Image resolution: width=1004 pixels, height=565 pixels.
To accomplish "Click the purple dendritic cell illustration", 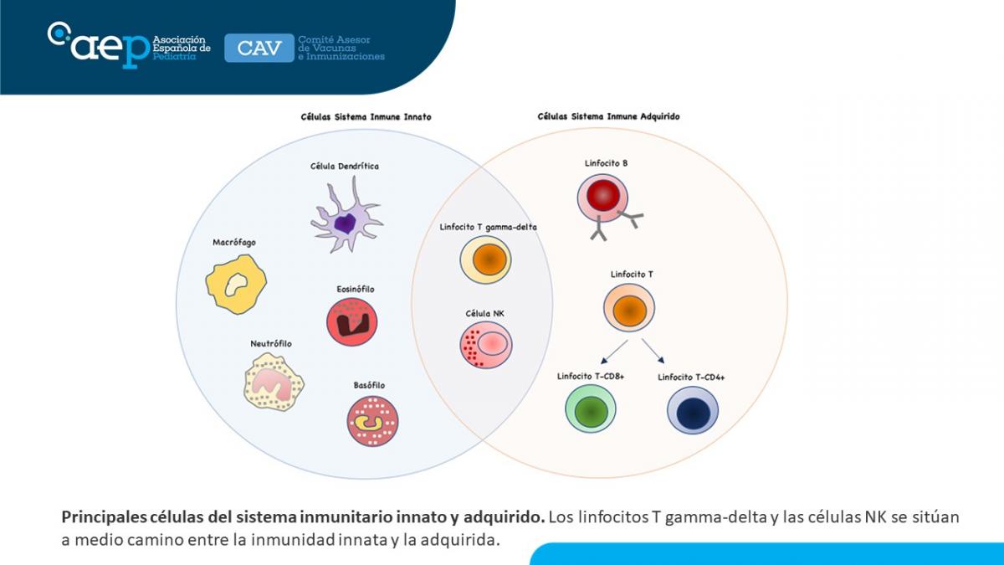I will click(346, 219).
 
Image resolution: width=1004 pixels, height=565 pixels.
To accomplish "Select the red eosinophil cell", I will click(352, 322).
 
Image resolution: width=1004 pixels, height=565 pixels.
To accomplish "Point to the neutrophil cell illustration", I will click(273, 381).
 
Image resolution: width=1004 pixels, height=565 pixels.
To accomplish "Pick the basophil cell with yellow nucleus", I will click(372, 420).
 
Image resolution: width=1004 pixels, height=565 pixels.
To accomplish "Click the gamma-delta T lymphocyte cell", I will click(485, 259).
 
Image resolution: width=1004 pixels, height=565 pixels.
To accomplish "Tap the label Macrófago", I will click(234, 243).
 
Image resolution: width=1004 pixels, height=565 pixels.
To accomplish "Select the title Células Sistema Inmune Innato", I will click(366, 117).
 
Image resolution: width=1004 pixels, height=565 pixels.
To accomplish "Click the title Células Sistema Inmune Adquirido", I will click(608, 117).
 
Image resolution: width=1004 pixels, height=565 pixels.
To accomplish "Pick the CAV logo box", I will click(259, 48).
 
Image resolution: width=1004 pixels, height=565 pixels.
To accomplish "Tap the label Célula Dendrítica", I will click(345, 167).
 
